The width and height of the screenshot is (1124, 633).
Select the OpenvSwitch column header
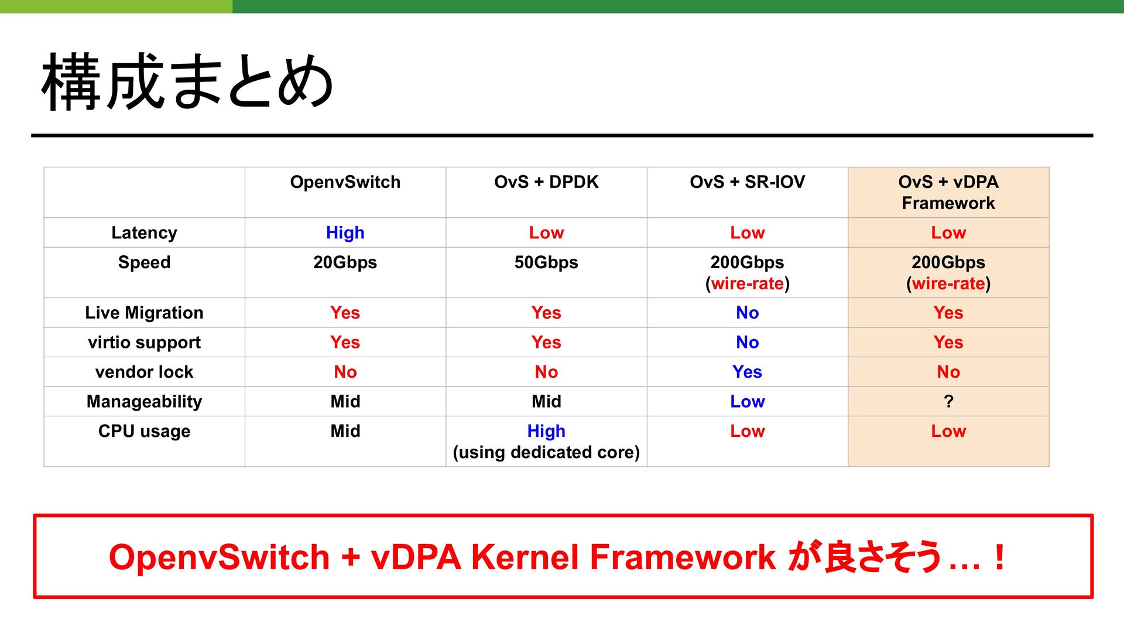coord(345,182)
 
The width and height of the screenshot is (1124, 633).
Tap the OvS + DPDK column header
coord(546,182)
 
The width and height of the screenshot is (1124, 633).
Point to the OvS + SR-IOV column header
coord(748,182)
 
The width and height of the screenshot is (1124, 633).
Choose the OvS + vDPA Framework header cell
coord(948,193)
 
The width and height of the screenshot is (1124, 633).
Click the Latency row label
coord(144,233)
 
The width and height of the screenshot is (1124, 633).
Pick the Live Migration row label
coord(144,313)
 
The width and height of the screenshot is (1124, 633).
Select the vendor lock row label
coord(144,372)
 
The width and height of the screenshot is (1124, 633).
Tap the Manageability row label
coord(144,402)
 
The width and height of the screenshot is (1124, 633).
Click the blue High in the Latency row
coord(345,233)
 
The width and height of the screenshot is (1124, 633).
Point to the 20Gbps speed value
coord(345,262)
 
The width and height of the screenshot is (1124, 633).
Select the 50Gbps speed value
coord(546,262)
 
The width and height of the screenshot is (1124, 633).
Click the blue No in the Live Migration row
coord(748,313)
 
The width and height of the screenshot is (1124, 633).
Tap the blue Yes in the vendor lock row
coord(748,372)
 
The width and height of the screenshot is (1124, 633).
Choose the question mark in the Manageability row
coord(948,402)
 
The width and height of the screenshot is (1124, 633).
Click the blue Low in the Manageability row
coord(748,402)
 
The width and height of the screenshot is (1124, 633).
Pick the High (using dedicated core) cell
coord(546,442)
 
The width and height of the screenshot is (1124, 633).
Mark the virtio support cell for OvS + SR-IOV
coord(748,343)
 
